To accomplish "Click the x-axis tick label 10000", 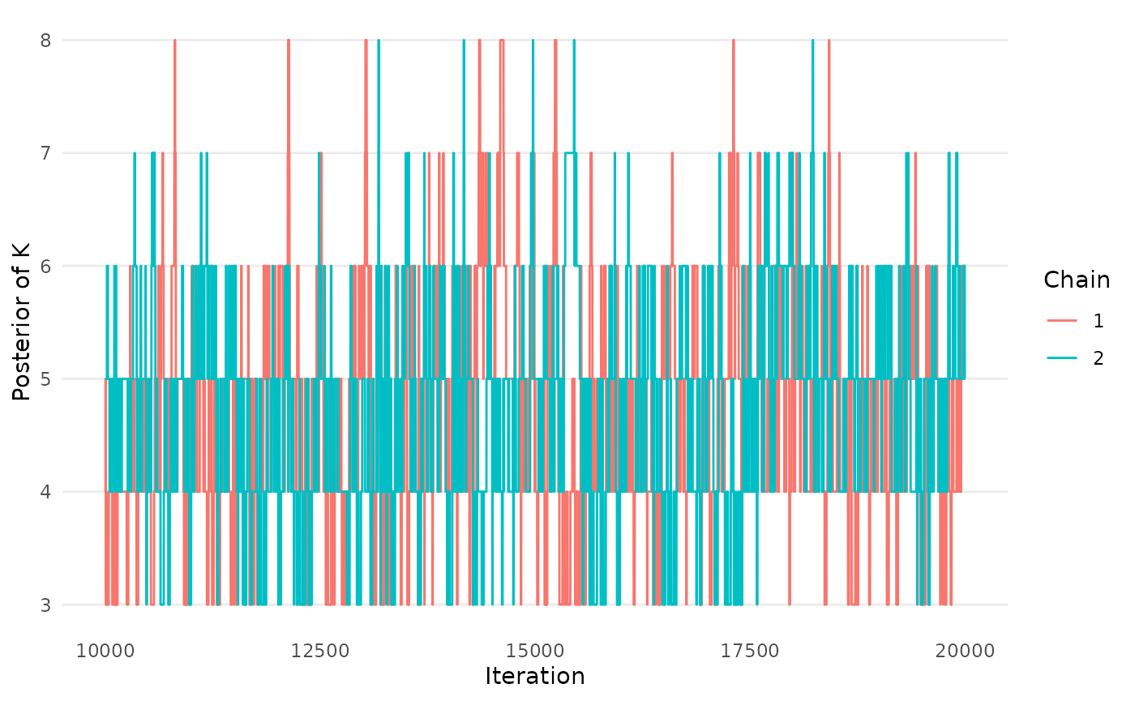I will pyautogui.click(x=105, y=651).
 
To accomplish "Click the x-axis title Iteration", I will pyautogui.click(x=535, y=676).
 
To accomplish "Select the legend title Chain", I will pyautogui.click(x=1077, y=280).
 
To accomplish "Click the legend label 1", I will pyautogui.click(x=1099, y=321).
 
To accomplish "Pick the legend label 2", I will pyautogui.click(x=1099, y=357).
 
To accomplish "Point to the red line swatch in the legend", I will pyautogui.click(x=1062, y=321).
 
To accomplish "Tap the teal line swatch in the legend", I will pyautogui.click(x=1062, y=357).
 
